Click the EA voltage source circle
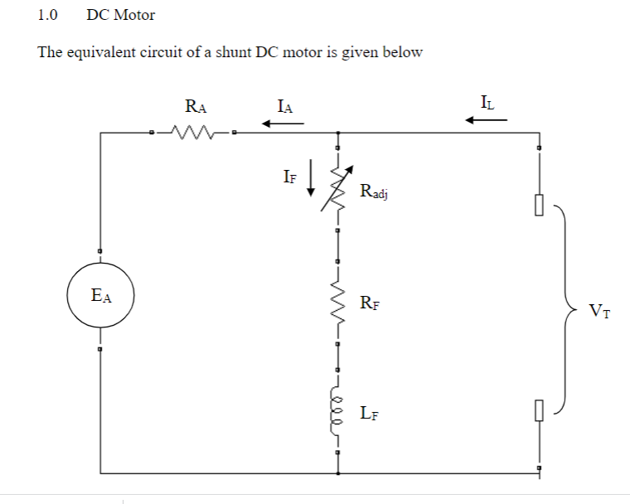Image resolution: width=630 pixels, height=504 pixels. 67,295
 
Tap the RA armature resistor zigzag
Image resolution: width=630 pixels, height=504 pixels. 193,133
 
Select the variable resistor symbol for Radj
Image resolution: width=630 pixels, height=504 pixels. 337,188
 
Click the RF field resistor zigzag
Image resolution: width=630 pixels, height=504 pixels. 338,303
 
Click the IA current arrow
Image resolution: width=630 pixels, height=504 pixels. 283,124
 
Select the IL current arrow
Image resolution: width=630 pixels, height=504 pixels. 486,119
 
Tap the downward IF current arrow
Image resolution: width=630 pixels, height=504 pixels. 311,177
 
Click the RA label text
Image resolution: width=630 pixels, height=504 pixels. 196,106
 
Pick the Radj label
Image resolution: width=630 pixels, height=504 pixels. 374,191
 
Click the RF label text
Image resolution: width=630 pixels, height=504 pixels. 370,303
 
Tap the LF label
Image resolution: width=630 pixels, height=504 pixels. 369,413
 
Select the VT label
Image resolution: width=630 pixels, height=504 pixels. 599,311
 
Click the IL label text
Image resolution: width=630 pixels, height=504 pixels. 487,103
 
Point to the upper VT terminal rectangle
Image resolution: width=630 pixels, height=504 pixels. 539,205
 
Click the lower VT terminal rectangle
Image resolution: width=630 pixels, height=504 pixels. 539,410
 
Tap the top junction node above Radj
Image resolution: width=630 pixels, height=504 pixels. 338,133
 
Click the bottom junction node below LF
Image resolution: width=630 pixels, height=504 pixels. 338,473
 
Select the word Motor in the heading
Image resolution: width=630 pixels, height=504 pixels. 134,15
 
